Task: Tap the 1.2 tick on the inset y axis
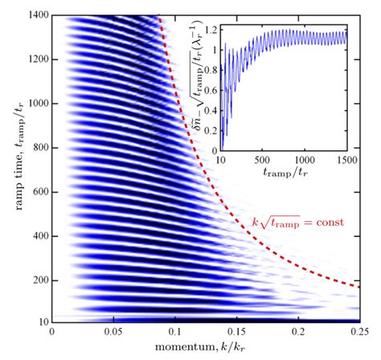click(207, 29)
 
